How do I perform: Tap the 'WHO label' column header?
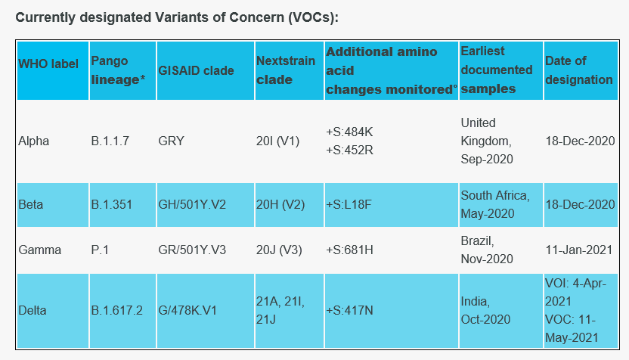48,64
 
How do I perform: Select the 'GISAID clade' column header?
196,70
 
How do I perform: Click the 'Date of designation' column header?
579,70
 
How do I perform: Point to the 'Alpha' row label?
34,141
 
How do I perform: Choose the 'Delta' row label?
33,310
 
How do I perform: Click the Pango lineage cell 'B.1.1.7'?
110,141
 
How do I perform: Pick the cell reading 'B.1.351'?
112,205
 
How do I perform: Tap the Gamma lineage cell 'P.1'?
100,250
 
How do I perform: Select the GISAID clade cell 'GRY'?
172,141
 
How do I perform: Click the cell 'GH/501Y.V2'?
192,205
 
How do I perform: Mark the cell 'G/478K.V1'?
187,310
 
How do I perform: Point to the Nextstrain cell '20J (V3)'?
279,250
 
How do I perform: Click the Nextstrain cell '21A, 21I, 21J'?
280,310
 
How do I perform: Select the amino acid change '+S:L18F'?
349,205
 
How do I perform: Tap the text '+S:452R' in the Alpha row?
349,150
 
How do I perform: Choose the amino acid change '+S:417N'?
349,310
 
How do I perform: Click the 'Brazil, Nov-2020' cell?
487,250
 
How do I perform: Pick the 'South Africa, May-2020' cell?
495,205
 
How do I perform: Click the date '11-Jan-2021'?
579,250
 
